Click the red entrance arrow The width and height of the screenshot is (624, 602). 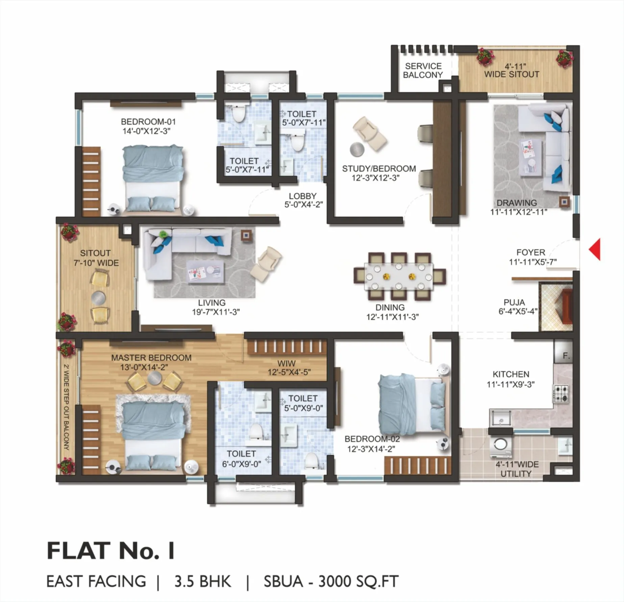[x=595, y=249]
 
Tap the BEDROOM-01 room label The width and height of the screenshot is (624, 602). [x=148, y=121]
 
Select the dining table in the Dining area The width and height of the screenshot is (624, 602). [x=399, y=276]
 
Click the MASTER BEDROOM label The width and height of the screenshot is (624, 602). [x=151, y=358]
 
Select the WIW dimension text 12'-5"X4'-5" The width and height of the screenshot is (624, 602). [x=289, y=372]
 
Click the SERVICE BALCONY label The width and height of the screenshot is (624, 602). [x=423, y=71]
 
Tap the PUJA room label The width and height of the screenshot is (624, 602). [x=514, y=302]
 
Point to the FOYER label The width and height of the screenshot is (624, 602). [x=530, y=252]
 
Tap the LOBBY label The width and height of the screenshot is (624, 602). [x=302, y=196]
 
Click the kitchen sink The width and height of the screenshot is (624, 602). [x=500, y=418]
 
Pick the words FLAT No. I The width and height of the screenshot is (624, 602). [x=110, y=551]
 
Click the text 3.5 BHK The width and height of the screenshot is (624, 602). [x=203, y=581]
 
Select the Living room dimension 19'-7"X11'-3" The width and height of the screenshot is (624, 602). [x=216, y=312]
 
